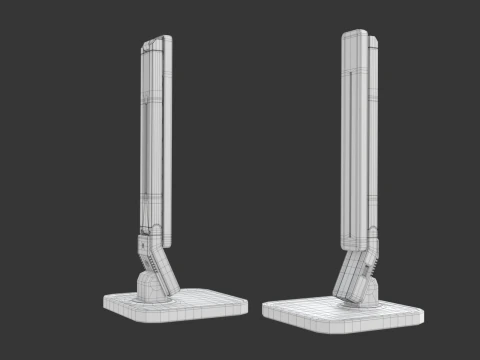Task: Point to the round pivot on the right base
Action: [x=364, y=292]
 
